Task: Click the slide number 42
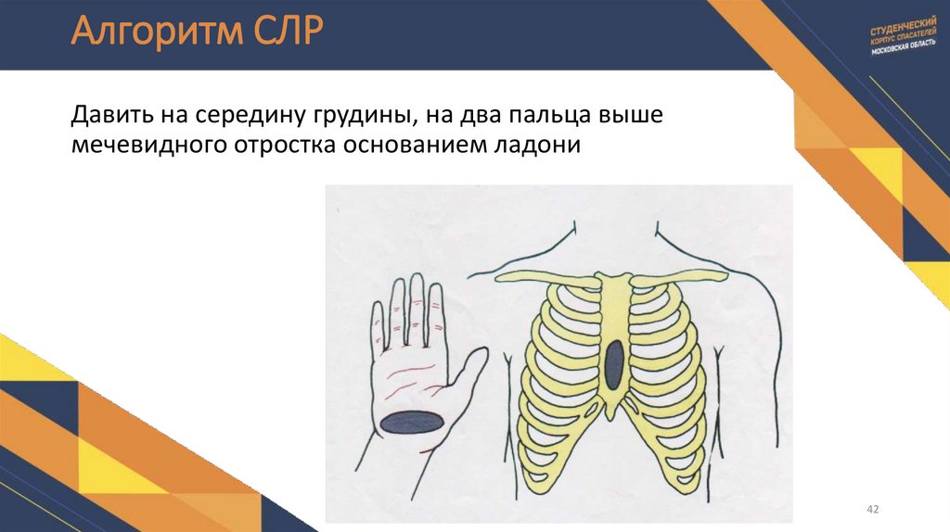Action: click(x=871, y=510)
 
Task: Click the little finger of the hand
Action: click(x=378, y=320)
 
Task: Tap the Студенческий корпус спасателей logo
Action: click(x=898, y=42)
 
